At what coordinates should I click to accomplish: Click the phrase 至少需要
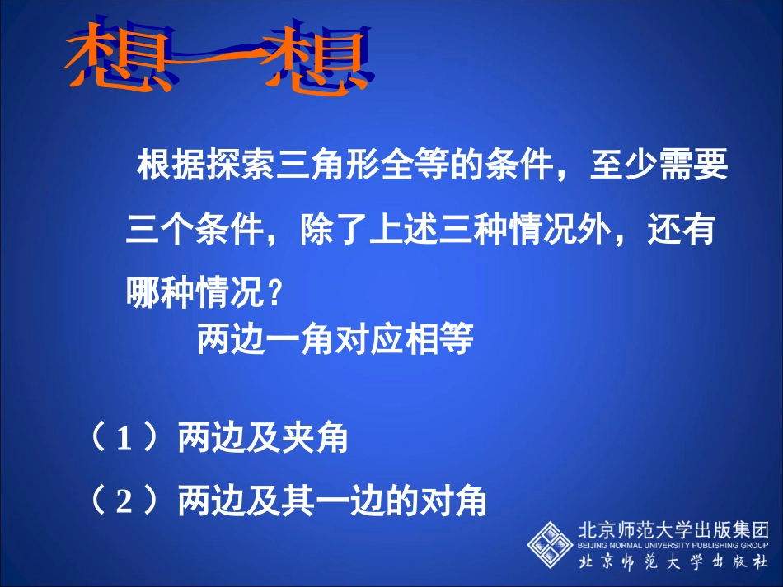click(x=659, y=168)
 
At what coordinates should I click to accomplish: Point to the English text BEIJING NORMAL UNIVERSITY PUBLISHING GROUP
click(x=673, y=544)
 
